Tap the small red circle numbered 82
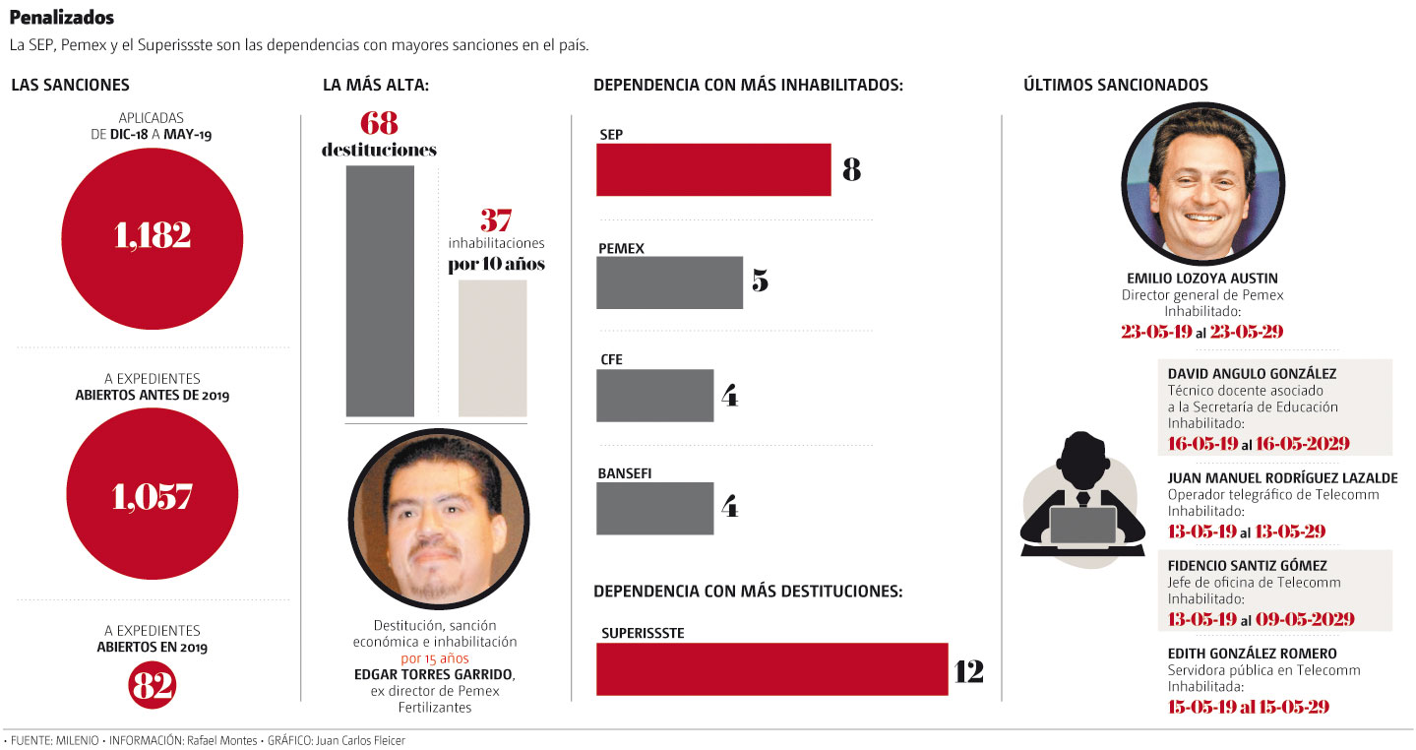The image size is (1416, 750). tap(152, 686)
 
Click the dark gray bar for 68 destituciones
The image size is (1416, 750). tap(380, 290)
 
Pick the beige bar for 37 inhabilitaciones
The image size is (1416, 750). tap(492, 347)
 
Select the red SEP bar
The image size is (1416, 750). tap(713, 169)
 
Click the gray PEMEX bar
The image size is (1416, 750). tap(669, 282)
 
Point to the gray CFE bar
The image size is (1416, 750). tap(654, 396)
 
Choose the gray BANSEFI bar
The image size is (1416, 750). tap(654, 508)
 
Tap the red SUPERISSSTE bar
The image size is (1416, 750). tap(771, 669)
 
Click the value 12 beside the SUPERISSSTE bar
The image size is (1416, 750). tap(968, 671)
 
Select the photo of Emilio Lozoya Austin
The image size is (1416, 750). tap(1202, 184)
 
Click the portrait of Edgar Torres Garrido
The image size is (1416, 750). tap(439, 519)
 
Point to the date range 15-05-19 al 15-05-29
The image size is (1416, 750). tap(1249, 706)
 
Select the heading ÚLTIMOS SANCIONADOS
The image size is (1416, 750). tap(1116, 86)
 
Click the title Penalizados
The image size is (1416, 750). tap(61, 18)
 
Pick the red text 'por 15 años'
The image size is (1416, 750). tap(434, 658)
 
